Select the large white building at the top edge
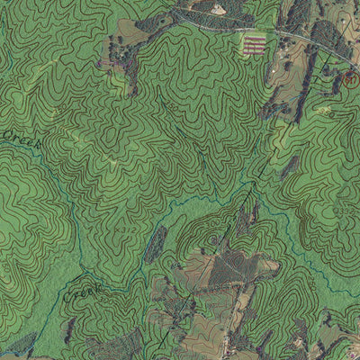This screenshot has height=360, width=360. (219, 8)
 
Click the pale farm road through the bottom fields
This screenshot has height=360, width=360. (236, 310)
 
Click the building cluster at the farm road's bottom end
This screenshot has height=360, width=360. (231, 346)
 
